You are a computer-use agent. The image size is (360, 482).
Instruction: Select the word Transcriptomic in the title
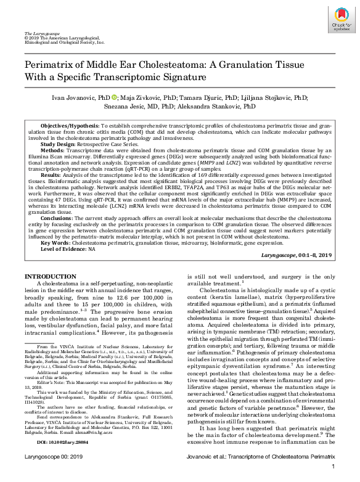[169, 78]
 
